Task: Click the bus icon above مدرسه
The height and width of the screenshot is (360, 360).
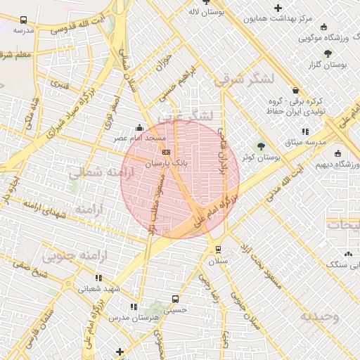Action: [x=24, y=20]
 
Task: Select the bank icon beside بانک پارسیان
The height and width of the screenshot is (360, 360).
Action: [x=166, y=152]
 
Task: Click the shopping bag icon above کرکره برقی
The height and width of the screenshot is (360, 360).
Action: [x=295, y=90]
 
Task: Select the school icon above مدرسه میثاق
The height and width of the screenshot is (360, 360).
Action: [x=305, y=131]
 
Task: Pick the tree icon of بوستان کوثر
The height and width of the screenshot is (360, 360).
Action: [x=261, y=146]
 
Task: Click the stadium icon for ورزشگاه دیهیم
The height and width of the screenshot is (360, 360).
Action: [x=338, y=153]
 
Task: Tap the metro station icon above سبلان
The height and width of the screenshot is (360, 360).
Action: [x=218, y=249]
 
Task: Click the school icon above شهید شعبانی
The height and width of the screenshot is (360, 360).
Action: [x=99, y=276]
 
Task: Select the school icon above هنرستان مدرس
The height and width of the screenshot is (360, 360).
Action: [x=134, y=307]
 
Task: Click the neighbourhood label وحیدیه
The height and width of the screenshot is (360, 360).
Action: [x=320, y=316]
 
